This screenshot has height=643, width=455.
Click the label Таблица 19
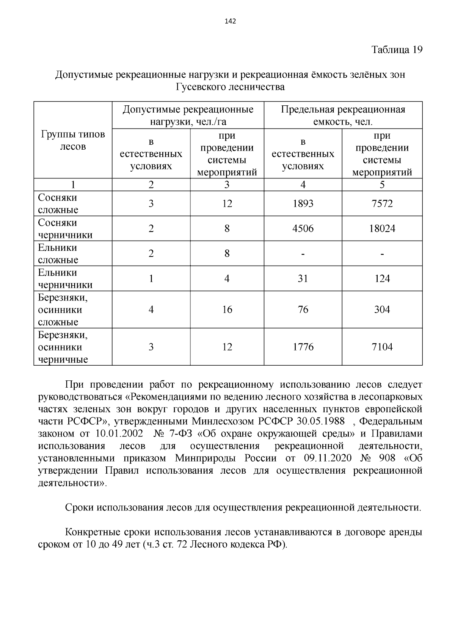(x=397, y=50)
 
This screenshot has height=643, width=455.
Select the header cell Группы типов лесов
(x=73, y=140)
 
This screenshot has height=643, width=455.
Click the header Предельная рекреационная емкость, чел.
(x=343, y=116)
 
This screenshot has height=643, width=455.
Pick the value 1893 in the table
(x=303, y=204)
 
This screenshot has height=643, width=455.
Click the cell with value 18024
(x=382, y=229)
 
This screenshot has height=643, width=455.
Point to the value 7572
(x=382, y=204)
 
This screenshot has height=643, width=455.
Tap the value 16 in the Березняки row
(x=227, y=310)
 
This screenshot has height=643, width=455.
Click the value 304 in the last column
(x=382, y=310)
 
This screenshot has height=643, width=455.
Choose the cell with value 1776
(x=303, y=347)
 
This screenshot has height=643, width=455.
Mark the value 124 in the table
(x=382, y=279)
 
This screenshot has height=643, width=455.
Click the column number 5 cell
(x=382, y=185)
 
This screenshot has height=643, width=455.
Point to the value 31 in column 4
(x=303, y=279)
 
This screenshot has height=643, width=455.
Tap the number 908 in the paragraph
(x=387, y=458)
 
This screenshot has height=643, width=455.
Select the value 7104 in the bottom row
(x=382, y=347)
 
